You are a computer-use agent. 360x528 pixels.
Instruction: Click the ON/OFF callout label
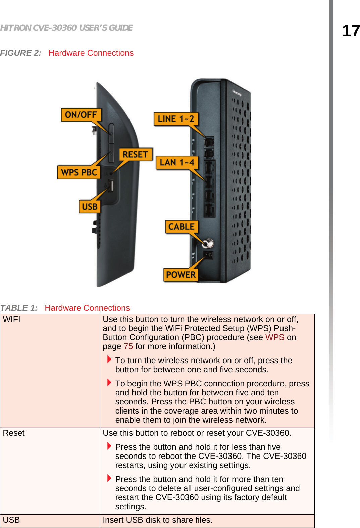click(x=81, y=115)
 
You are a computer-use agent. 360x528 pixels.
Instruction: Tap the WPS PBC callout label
click(x=79, y=172)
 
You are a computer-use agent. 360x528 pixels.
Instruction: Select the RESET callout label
click(x=136, y=154)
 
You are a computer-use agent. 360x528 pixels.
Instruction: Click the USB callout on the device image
click(x=90, y=206)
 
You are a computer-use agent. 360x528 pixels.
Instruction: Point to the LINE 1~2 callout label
click(x=176, y=119)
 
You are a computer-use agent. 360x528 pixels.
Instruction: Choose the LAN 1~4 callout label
click(x=177, y=162)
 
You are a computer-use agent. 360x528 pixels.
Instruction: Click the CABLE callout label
click(x=182, y=227)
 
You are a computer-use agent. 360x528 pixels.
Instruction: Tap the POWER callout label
click(x=181, y=275)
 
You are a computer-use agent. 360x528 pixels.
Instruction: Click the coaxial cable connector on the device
click(x=208, y=243)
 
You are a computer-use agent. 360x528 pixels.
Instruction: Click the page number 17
click(x=351, y=31)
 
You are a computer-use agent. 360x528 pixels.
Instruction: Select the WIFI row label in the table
click(x=12, y=319)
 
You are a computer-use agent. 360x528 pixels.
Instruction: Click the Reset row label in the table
click(x=14, y=433)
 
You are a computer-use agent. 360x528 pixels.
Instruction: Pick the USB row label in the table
click(x=11, y=520)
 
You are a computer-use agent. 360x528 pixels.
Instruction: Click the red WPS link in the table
click(x=274, y=337)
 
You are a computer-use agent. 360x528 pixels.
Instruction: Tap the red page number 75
click(x=128, y=346)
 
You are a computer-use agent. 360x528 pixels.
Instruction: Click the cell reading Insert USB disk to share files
click(x=158, y=520)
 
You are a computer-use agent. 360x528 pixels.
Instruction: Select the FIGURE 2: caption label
click(x=20, y=53)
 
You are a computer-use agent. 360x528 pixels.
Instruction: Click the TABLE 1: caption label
click(x=19, y=308)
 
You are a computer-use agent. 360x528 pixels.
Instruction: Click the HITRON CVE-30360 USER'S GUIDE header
click(x=66, y=28)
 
